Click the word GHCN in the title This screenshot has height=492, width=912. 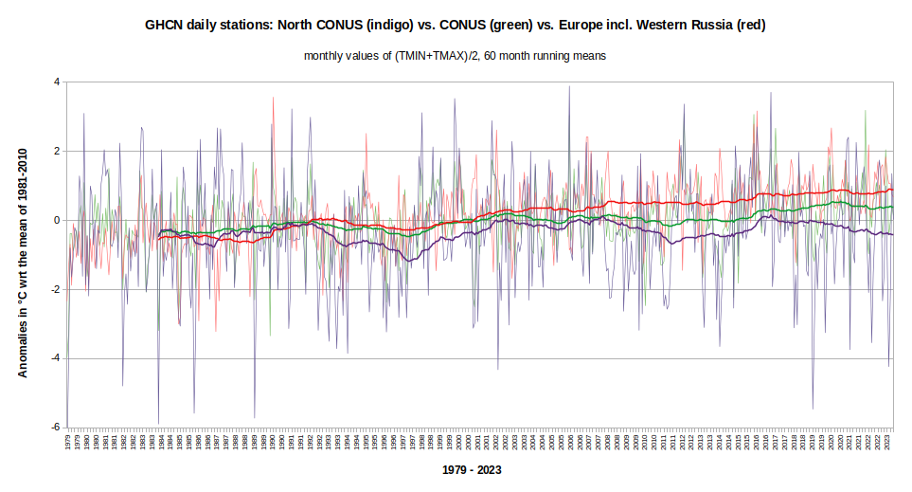coord(162,26)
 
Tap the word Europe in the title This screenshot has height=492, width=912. coord(571,26)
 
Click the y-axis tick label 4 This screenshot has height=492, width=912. coord(57,82)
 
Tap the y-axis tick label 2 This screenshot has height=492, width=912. coord(57,151)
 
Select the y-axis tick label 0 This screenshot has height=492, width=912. coord(57,220)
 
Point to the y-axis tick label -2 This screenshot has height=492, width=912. coord(55,289)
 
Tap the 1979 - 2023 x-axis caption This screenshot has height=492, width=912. coord(472,470)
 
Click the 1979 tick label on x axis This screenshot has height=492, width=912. coord(68,443)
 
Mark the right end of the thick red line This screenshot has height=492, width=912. coord(892,191)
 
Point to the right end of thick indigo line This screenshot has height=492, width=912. coord(892,234)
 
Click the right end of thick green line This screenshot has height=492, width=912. coord(892,207)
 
